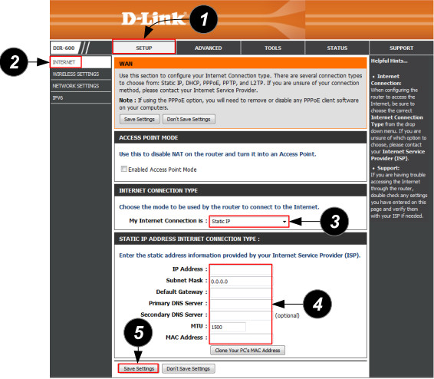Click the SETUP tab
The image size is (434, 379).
coord(144,47)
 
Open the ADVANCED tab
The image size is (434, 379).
coord(209,48)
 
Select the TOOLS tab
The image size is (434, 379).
coord(273,48)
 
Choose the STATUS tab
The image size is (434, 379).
coord(337,48)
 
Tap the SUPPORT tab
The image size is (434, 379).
coord(401,48)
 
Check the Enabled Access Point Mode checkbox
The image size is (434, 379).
coord(124,169)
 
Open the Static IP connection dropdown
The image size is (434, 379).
coord(249,222)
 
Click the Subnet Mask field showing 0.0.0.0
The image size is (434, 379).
coord(240,282)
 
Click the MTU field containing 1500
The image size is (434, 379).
coord(228,327)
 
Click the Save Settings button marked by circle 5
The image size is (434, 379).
coord(139,368)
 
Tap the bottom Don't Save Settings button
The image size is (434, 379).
coord(188,368)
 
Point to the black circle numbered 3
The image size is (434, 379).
coord(334,222)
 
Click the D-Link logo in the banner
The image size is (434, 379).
coord(154,19)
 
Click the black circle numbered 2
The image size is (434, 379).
coord(14,61)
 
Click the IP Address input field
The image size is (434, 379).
coord(240,269)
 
